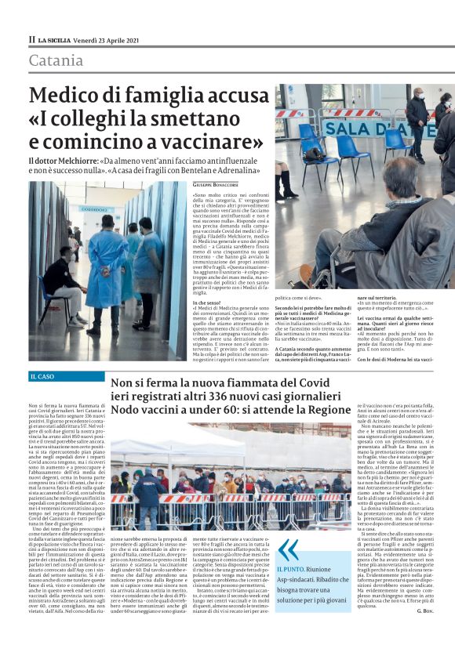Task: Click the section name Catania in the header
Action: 56,60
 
